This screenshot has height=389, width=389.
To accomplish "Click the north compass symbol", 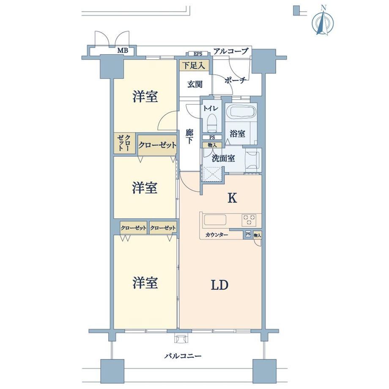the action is tap(323, 22).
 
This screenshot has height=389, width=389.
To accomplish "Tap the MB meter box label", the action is tap(123, 51).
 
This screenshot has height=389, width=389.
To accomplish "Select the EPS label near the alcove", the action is tap(198, 54).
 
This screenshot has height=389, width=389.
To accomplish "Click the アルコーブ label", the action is tap(231, 51).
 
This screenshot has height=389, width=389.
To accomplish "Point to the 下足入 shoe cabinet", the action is tap(194, 66).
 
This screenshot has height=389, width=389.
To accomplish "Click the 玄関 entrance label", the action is tap(195, 84).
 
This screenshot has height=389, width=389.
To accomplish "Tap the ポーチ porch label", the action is tap(235, 80).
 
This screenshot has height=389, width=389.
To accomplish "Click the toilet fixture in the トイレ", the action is tap(211, 122).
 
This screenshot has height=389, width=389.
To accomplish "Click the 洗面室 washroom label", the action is tap(223, 158).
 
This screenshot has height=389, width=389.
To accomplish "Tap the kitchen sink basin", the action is tap(215, 220).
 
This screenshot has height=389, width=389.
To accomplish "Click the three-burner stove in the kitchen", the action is tap(249, 220).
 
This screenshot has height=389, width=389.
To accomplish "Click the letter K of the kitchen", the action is tap(232, 198).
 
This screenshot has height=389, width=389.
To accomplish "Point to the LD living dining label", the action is tap(219, 285).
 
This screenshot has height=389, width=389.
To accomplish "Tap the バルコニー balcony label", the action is tap(183, 356).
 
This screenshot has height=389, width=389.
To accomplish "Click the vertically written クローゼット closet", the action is tap(124, 143).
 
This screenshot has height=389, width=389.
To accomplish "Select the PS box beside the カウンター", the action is tap(248, 234).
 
